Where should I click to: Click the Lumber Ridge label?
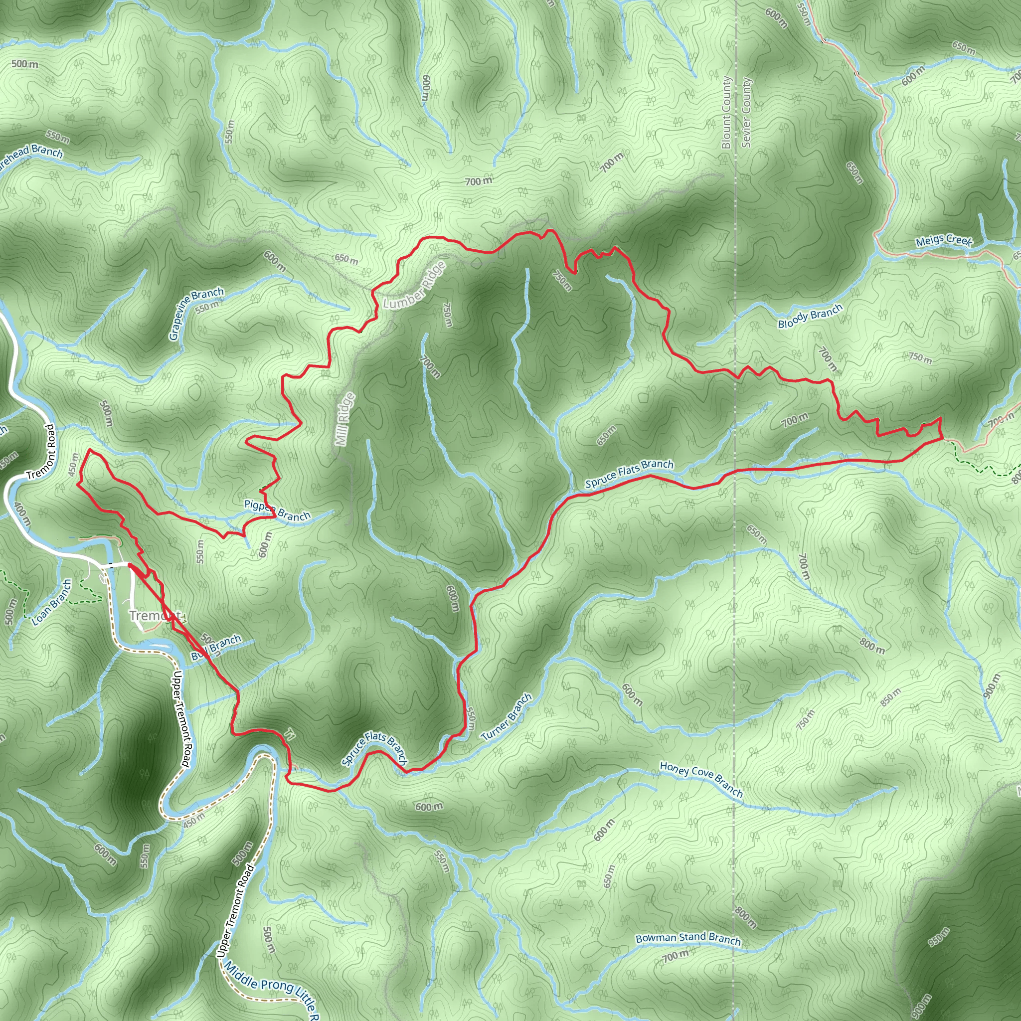(x=414, y=285)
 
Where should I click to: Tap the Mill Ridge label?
(x=345, y=419)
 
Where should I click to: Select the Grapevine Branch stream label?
(x=196, y=314)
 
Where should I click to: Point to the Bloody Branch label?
(x=810, y=316)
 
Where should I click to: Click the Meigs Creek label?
(x=943, y=240)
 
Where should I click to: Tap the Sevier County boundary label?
(x=746, y=112)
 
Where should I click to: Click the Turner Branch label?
(x=507, y=717)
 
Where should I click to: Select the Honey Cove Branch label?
(x=701, y=779)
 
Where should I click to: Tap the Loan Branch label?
(x=52, y=602)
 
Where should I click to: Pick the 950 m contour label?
(x=939, y=936)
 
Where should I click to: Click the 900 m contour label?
(x=992, y=686)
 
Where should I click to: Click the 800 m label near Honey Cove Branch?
(x=872, y=645)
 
